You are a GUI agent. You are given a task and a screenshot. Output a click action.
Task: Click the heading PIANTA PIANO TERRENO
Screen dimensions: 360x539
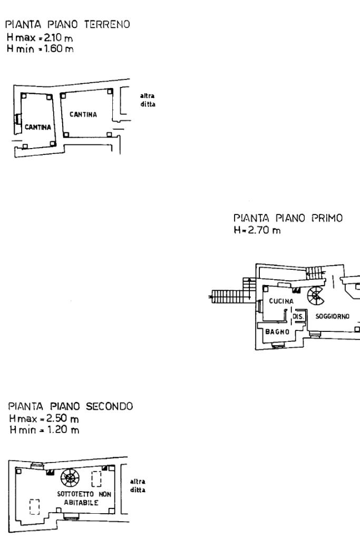(x=67, y=24)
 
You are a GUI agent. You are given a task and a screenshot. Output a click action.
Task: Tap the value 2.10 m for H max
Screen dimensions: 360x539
(x=59, y=37)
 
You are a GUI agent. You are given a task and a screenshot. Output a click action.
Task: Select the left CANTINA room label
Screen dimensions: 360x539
(x=38, y=127)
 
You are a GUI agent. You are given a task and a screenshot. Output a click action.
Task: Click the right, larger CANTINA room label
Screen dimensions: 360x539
(x=83, y=114)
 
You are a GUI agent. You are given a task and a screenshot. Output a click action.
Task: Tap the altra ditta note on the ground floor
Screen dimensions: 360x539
(x=148, y=100)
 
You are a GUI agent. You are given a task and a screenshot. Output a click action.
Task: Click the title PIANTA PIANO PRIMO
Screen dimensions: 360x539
(x=288, y=218)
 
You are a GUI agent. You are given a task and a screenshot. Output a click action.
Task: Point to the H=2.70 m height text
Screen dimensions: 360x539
(x=257, y=230)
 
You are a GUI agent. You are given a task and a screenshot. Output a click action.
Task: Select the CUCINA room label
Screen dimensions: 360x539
(x=281, y=301)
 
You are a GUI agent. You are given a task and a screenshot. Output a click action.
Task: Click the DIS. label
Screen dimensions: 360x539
(x=298, y=316)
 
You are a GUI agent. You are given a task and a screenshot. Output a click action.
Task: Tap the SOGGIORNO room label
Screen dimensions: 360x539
(x=333, y=316)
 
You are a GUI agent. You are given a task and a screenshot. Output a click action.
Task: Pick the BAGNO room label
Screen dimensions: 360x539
(x=277, y=332)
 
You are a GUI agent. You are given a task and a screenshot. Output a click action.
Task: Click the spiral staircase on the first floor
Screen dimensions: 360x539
(x=315, y=296)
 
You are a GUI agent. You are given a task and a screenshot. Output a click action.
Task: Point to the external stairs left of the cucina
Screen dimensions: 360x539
(x=230, y=296)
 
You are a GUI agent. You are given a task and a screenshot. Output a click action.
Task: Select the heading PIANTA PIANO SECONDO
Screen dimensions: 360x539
(x=71, y=406)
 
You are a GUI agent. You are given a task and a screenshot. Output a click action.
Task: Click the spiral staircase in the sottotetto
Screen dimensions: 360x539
(x=70, y=478)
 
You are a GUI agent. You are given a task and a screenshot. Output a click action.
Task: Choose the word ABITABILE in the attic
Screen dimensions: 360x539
(x=81, y=503)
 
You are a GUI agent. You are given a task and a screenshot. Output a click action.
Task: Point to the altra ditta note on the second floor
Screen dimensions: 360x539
(x=138, y=486)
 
